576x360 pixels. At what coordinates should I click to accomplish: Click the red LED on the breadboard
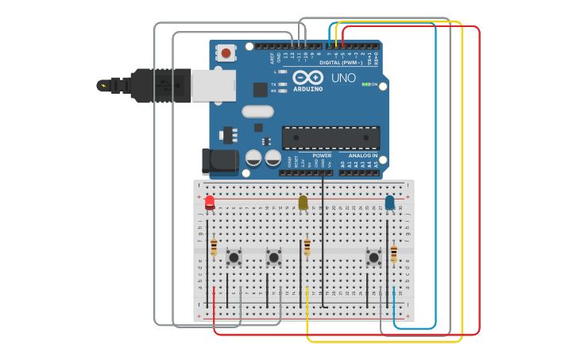tap(210, 202)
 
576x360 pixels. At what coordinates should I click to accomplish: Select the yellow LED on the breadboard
tap(303, 203)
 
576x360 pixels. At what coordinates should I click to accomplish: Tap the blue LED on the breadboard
tap(389, 203)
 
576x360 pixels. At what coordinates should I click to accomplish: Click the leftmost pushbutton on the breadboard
tap(234, 257)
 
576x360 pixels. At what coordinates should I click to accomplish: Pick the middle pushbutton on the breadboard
tap(274, 257)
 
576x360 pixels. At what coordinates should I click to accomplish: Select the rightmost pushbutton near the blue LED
tap(373, 257)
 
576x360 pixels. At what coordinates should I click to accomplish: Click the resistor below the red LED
tap(214, 247)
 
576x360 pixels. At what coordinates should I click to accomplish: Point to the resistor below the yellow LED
tap(307, 247)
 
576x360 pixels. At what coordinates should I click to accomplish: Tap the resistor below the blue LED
tap(393, 254)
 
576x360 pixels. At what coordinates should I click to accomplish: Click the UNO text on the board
tap(343, 78)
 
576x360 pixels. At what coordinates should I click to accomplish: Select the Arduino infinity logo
tap(307, 77)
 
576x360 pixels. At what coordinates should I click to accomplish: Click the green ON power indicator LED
tap(366, 84)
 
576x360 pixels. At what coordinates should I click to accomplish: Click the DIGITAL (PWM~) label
tap(341, 62)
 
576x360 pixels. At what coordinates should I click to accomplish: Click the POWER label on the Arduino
tap(322, 156)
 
